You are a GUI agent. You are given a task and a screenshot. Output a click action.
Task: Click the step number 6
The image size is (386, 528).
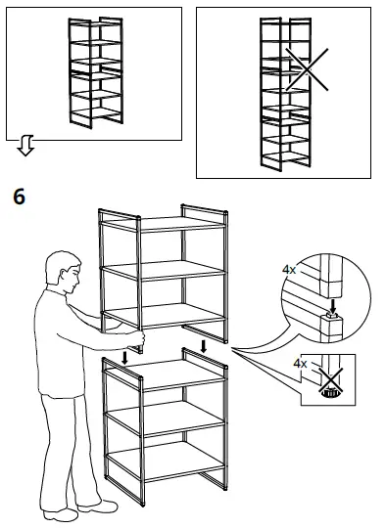(x=18, y=197)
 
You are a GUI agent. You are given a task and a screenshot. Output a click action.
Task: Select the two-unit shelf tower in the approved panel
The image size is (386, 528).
(x=94, y=72)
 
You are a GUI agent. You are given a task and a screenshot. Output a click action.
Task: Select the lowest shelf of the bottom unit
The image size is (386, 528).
(x=165, y=461)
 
